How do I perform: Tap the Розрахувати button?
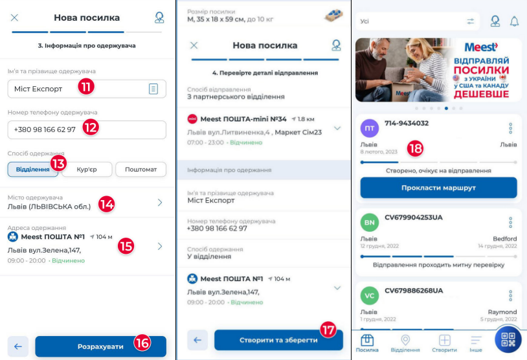click(x=100, y=346)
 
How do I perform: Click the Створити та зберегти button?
click(x=278, y=340)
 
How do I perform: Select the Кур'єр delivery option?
click(x=87, y=169)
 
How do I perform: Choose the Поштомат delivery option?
click(x=141, y=169)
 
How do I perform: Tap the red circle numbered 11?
click(x=86, y=87)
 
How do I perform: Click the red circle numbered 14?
click(x=107, y=204)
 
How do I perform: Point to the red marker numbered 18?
click(x=415, y=148)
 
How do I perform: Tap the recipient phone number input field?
click(x=87, y=129)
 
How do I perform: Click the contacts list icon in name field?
click(x=153, y=89)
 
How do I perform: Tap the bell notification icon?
click(x=514, y=21)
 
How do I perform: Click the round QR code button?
click(x=508, y=339)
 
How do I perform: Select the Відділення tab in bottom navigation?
click(x=405, y=343)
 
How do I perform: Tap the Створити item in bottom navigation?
click(x=444, y=343)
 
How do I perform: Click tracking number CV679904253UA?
click(x=414, y=218)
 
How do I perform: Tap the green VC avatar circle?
click(x=370, y=296)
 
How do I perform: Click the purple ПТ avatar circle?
click(x=370, y=128)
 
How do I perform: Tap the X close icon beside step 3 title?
click(x=14, y=17)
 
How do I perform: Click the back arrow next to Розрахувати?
click(x=18, y=346)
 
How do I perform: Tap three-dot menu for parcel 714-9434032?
click(x=511, y=128)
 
